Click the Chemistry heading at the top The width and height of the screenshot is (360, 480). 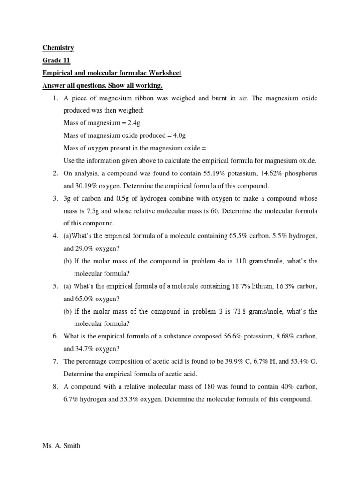(58, 48)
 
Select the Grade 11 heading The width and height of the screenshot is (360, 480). (56, 60)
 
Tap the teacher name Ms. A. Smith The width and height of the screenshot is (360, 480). (61, 446)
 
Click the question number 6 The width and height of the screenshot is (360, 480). (54, 336)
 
